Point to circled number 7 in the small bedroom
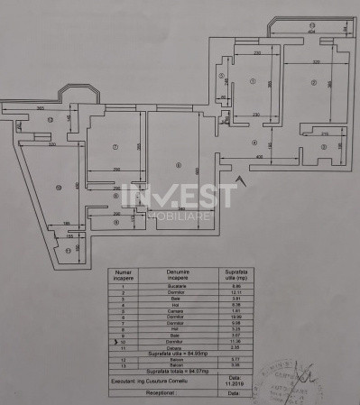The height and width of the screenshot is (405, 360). (115, 147)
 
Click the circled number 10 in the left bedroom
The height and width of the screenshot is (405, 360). (59, 188)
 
